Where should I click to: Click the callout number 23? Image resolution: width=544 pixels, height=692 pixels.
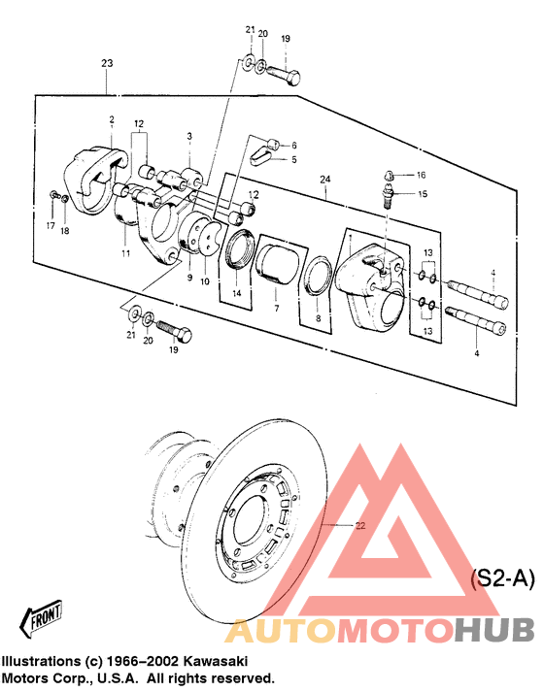(107, 63)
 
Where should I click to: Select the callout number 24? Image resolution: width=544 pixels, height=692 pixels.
(325, 180)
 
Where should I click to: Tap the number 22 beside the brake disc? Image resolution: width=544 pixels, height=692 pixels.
(360, 526)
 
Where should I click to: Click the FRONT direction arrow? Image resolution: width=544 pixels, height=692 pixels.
(41, 617)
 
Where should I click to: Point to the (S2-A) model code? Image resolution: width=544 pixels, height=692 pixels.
(502, 578)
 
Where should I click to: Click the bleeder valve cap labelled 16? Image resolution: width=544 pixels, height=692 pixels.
(389, 176)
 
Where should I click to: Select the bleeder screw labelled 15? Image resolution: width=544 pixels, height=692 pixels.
(389, 197)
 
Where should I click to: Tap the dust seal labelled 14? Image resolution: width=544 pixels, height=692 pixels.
(239, 248)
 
